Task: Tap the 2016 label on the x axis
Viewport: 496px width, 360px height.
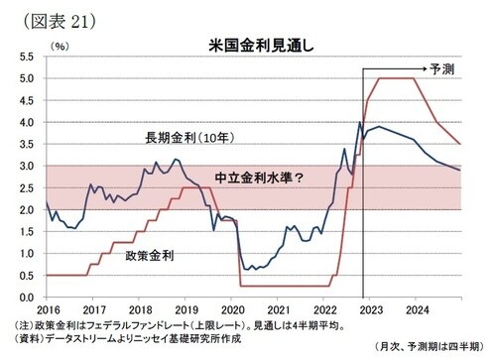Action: point(47,308)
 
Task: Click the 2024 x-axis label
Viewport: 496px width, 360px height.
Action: point(417,308)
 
